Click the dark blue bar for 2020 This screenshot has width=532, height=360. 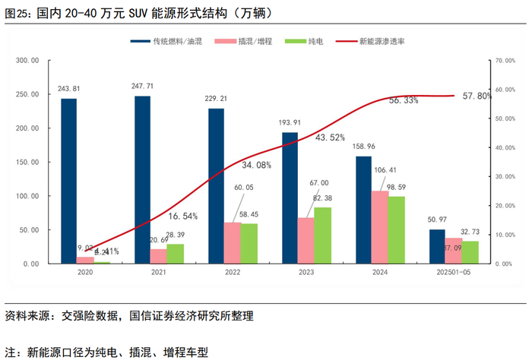pos(69,181)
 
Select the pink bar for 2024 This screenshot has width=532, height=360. pos(380,227)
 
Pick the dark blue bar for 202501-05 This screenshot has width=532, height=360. pos(437,246)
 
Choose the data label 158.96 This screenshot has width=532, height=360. pos(363,147)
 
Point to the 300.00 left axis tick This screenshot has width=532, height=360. pos(37,60)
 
